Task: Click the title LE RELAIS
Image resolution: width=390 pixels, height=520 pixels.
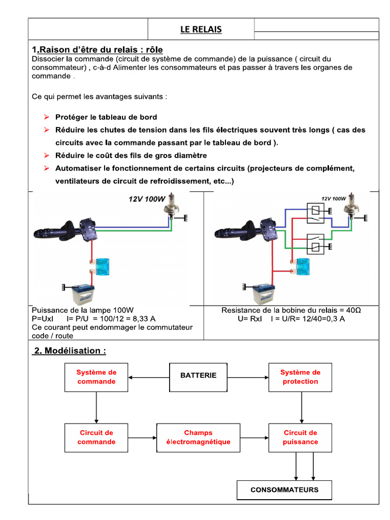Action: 201,29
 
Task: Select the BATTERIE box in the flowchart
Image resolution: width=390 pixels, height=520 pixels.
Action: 198,376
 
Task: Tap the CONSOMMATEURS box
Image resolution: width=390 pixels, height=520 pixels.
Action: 284,490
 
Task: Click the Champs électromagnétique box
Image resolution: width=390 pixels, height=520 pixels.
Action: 198,437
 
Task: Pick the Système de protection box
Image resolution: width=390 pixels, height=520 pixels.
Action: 300,377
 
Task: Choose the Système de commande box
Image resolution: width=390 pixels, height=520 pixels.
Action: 96,377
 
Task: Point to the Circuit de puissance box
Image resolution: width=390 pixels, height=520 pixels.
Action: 300,437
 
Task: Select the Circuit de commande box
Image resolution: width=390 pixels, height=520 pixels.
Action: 96,437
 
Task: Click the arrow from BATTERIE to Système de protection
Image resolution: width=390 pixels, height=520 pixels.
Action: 249,377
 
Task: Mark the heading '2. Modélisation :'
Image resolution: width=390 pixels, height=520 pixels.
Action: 70,351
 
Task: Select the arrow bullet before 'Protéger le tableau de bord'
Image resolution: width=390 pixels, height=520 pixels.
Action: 46,117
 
